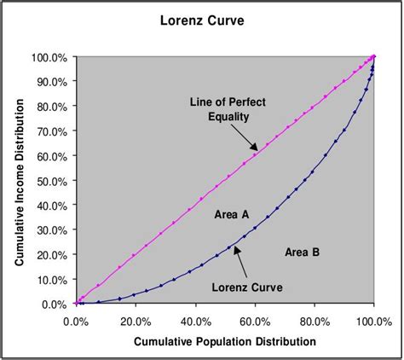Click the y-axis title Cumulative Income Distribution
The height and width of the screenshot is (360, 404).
(19, 179)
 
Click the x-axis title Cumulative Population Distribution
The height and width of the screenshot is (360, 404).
(224, 341)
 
